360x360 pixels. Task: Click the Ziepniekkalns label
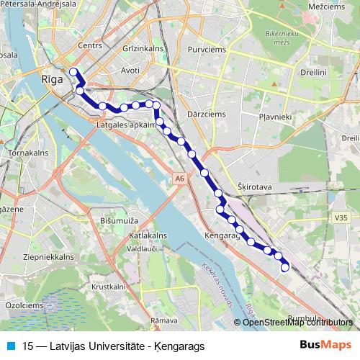[49, 256]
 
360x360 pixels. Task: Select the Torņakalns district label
[26, 153]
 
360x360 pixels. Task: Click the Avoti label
[130, 71]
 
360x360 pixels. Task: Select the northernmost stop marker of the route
[73, 72]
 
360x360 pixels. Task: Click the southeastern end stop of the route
[285, 268]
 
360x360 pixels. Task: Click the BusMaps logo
[325, 345]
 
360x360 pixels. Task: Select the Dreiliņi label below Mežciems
[315, 72]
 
